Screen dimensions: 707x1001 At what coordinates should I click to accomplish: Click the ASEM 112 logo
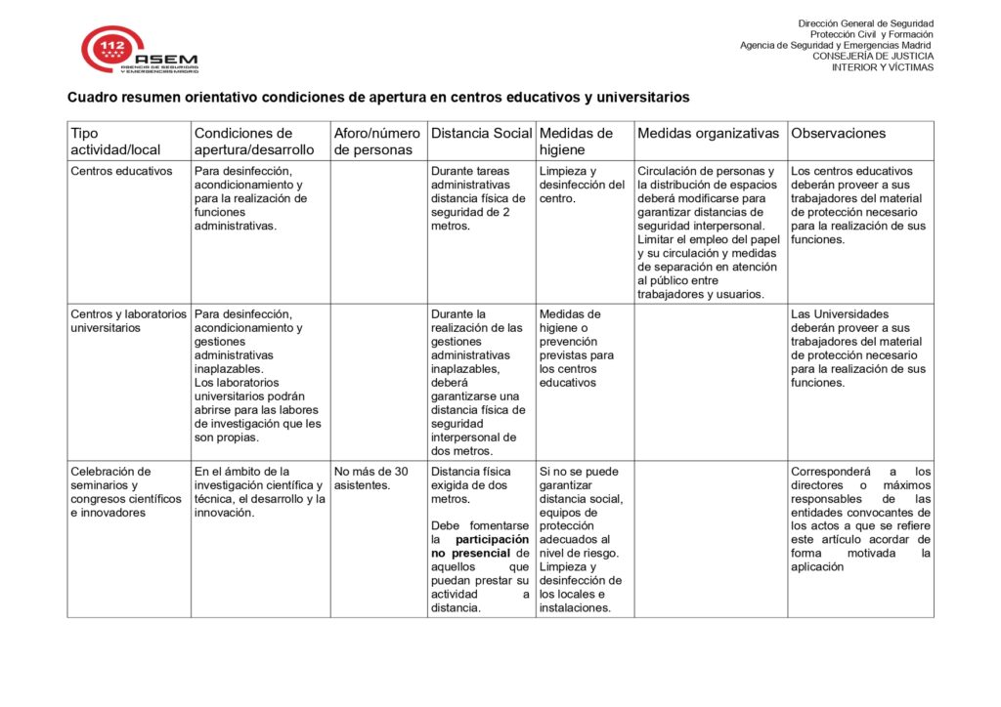[x=139, y=51]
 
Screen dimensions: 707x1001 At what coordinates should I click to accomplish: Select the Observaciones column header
[x=838, y=134]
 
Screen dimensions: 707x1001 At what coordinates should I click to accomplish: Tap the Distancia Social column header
[x=481, y=134]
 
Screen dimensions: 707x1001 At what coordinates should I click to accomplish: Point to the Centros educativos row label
[x=121, y=172]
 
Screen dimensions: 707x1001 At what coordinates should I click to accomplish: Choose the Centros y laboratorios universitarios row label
[x=128, y=321]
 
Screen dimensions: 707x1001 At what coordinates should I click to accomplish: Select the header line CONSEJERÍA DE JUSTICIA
[x=873, y=57]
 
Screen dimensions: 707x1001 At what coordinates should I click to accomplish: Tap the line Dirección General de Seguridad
[x=865, y=23]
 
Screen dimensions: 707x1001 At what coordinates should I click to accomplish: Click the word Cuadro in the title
[x=92, y=98]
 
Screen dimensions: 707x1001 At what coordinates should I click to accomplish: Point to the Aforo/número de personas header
[x=377, y=142]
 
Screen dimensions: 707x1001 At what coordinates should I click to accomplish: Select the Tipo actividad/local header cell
[x=115, y=142]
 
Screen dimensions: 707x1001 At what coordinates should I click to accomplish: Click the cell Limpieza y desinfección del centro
[x=582, y=186]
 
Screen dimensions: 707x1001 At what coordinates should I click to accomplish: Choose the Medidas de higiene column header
[x=576, y=142]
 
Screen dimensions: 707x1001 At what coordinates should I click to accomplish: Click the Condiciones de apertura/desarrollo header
[x=254, y=142]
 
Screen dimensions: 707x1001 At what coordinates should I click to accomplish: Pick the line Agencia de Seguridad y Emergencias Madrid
[x=836, y=46]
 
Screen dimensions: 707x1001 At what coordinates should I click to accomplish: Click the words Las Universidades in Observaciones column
[x=840, y=314]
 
